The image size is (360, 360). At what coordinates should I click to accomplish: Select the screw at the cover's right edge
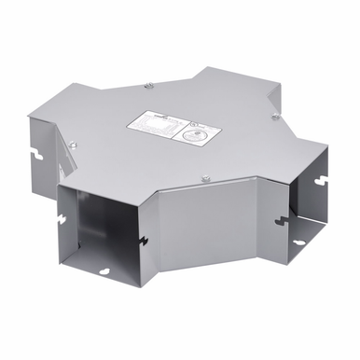(x=274, y=118)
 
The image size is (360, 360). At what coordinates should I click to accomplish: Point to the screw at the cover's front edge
(x=203, y=177)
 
